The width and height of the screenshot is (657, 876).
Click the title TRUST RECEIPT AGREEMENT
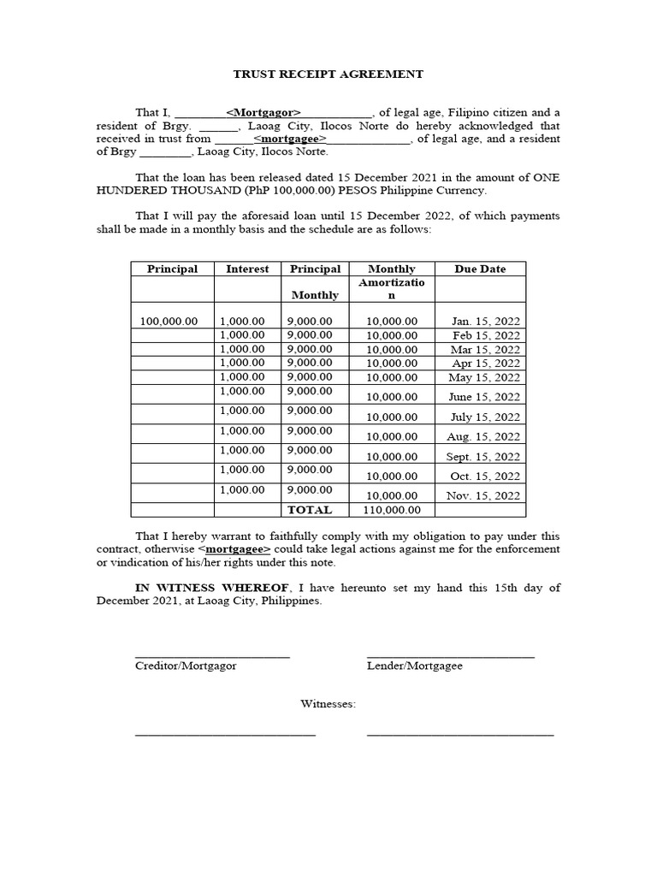(328, 74)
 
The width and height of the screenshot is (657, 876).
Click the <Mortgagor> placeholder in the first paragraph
(263, 112)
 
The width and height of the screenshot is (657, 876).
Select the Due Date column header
(480, 269)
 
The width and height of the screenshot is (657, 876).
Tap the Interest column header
(247, 269)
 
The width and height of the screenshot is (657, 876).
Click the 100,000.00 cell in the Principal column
(169, 321)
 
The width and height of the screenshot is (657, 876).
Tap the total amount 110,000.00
(392, 510)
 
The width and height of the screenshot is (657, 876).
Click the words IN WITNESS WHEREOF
(211, 588)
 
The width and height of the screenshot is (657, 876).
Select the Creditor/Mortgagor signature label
(186, 666)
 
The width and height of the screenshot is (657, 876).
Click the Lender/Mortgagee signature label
(414, 666)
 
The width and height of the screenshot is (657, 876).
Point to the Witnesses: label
(328, 704)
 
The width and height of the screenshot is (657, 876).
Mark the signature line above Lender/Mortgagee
(450, 657)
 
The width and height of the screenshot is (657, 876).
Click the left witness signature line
(225, 734)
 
